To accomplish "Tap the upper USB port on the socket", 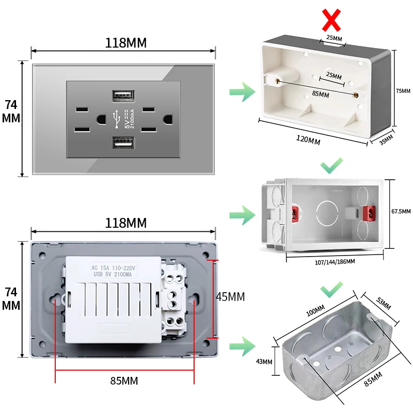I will (x=123, y=96).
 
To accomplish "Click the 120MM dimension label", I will (x=307, y=140).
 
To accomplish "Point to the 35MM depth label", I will (x=386, y=140).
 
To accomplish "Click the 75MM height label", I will (x=403, y=91).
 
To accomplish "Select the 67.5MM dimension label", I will (x=401, y=211).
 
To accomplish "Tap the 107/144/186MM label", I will (x=335, y=262).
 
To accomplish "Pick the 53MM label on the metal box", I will (x=383, y=301).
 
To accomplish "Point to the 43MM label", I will (x=263, y=361).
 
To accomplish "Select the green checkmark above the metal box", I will (x=331, y=291).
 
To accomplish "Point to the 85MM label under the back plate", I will (x=124, y=381).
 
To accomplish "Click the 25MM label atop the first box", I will (x=334, y=38).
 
